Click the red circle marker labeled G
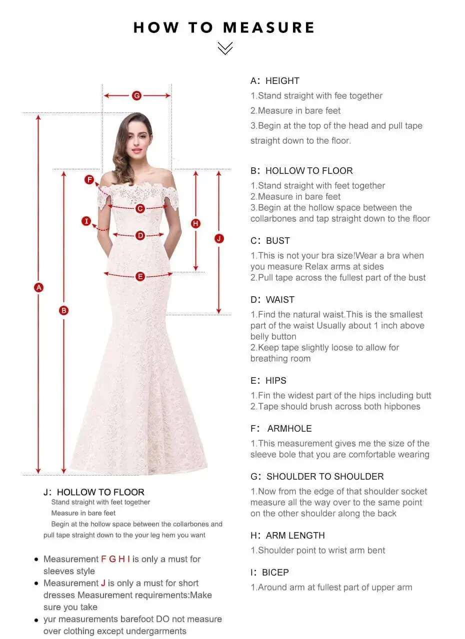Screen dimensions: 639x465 (136, 96)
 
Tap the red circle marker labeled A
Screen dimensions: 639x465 (38, 287)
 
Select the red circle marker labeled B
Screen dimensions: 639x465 (63, 310)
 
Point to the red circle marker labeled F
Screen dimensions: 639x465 (89, 180)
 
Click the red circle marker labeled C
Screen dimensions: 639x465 (140, 208)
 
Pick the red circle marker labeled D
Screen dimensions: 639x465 (140, 235)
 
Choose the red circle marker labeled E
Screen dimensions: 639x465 (140, 276)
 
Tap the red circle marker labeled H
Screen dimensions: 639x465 (195, 223)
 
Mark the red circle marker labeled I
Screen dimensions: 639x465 (86, 221)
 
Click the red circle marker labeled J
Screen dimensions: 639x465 (219, 238)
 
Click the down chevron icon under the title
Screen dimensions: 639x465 (225, 48)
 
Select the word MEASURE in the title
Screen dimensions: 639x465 (268, 27)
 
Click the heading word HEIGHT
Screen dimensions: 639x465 (282, 81)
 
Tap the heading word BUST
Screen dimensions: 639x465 (278, 241)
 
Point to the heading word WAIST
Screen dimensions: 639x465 (280, 300)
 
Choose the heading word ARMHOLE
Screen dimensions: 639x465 (289, 429)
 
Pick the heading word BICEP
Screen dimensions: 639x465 (275, 573)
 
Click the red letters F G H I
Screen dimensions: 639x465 (115, 559)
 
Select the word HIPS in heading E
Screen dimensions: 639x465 (276, 381)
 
